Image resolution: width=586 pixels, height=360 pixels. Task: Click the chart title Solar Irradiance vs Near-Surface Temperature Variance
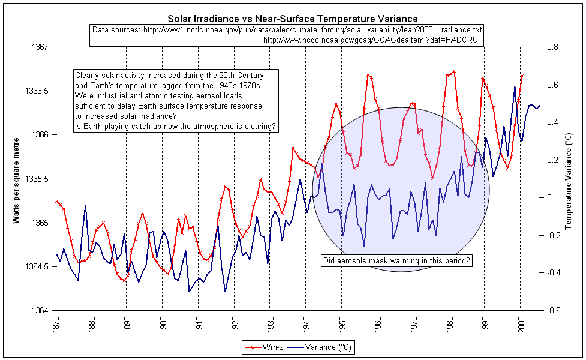click(293, 19)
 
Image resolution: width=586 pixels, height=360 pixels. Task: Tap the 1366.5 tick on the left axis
click(38, 91)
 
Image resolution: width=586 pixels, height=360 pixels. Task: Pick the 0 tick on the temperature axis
click(549, 197)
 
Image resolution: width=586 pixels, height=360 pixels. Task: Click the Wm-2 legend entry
click(268, 347)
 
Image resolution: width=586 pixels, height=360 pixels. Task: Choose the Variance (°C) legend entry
click(324, 347)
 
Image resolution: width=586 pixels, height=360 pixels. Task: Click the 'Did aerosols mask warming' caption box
click(396, 261)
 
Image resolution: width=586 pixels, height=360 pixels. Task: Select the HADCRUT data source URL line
click(372, 40)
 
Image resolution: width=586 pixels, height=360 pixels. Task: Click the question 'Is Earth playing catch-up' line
click(175, 126)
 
